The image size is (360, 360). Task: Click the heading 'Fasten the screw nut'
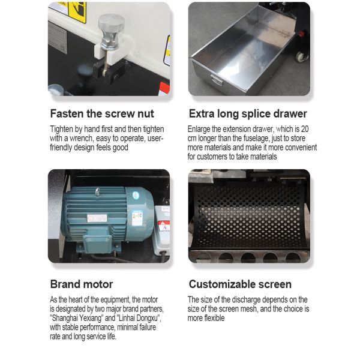(x=102, y=113)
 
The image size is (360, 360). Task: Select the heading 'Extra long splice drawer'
(x=248, y=113)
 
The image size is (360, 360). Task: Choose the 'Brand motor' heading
(x=82, y=284)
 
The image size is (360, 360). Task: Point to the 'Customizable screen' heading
(x=240, y=284)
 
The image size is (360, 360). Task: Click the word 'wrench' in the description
(x=80, y=139)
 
